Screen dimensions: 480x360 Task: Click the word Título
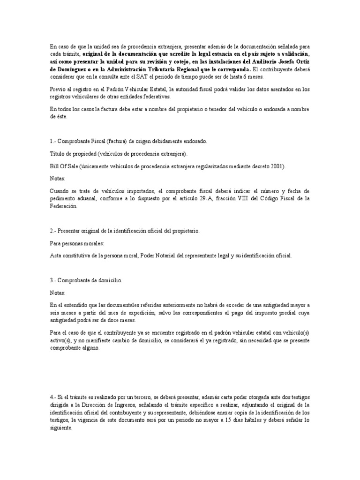tap(57, 154)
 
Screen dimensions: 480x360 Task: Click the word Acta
tap(56, 256)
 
